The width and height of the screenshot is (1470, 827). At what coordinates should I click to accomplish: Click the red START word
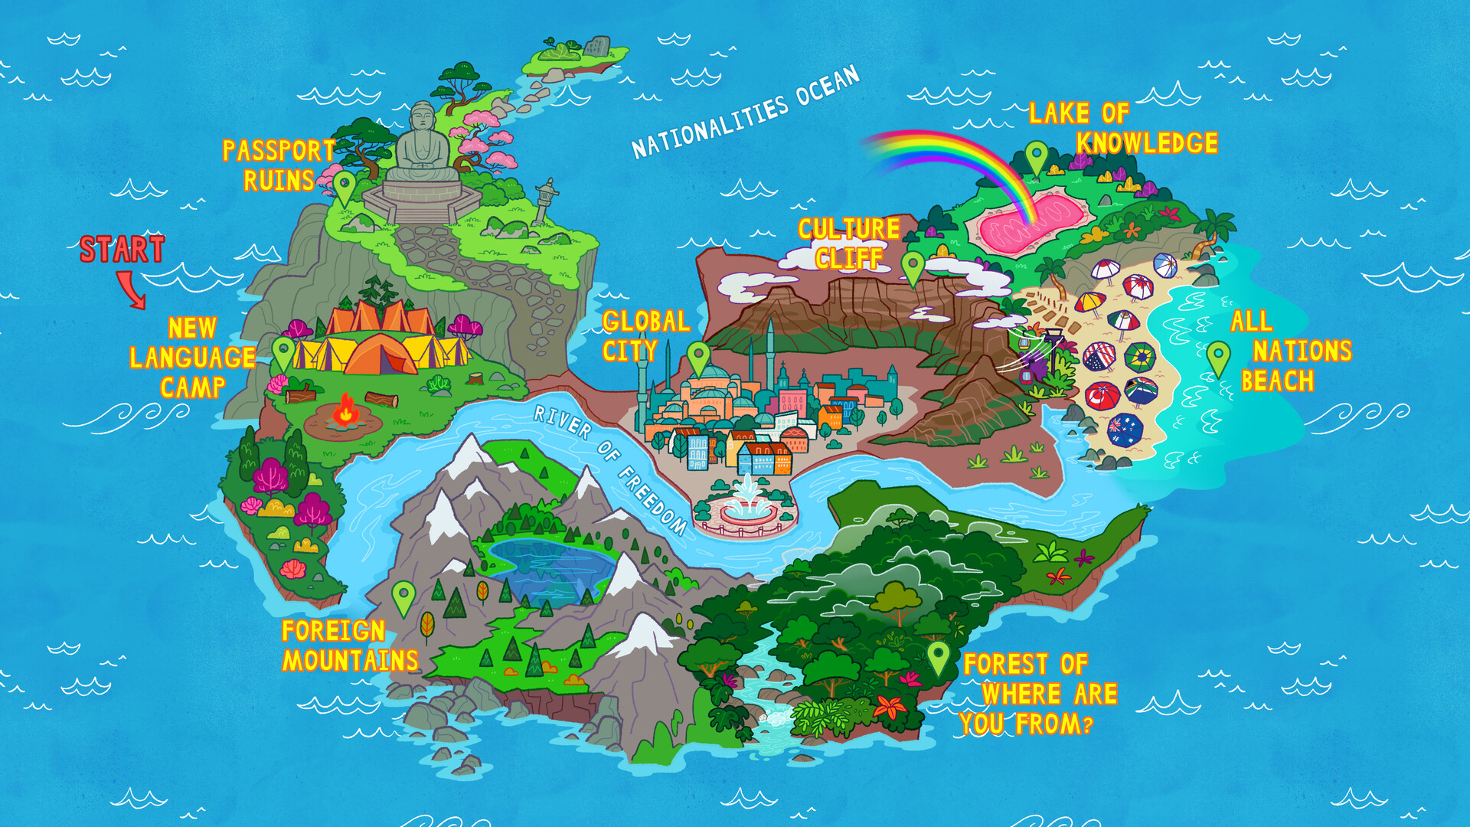click(122, 250)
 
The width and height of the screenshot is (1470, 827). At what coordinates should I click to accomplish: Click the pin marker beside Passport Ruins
click(344, 186)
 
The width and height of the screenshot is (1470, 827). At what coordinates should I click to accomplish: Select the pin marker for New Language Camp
click(283, 353)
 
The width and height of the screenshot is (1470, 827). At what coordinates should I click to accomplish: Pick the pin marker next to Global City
click(697, 357)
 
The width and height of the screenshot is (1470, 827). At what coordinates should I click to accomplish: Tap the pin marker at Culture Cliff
click(913, 266)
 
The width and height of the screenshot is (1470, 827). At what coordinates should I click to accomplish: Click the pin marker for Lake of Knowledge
click(1036, 157)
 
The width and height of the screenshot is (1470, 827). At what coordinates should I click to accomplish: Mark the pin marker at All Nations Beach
click(1217, 358)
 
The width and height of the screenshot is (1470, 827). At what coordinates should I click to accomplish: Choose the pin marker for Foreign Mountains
click(403, 597)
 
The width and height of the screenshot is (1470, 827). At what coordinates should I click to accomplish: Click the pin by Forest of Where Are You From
click(938, 657)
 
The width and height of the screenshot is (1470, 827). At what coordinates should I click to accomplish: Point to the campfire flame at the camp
click(345, 410)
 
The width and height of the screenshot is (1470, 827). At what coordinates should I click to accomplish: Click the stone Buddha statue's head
click(422, 119)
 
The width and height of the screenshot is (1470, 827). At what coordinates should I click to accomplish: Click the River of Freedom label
click(609, 469)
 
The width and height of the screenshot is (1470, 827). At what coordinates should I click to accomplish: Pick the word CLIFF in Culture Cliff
click(848, 259)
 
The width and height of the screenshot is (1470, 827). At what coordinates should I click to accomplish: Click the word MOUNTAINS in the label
click(351, 661)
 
